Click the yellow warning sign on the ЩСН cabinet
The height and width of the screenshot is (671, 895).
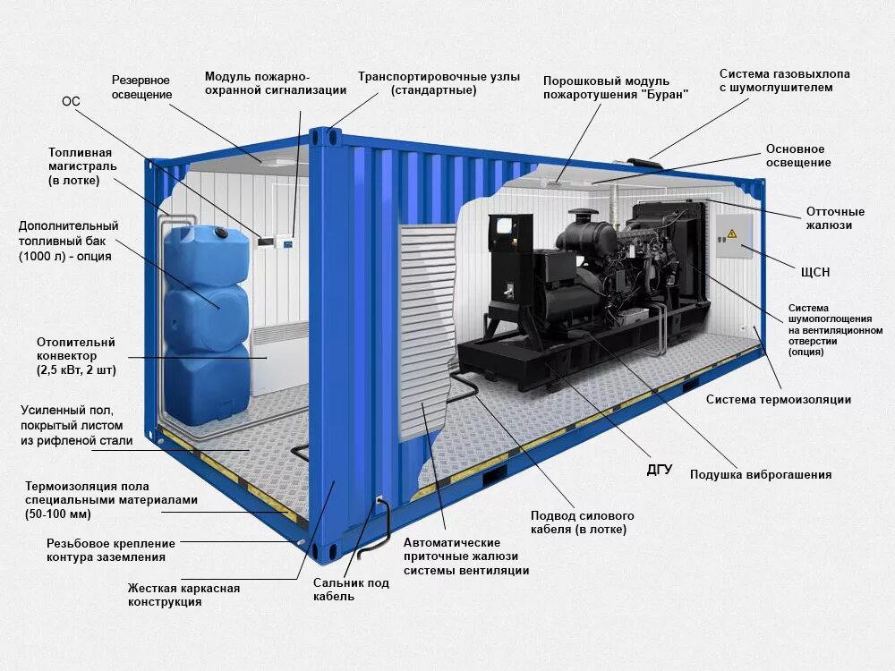tap(731, 234)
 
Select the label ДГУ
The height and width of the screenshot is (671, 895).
tap(660, 469)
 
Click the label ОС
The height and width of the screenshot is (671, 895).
tap(71, 102)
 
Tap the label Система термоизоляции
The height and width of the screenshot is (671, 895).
tap(779, 399)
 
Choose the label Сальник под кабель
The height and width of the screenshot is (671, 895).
tap(351, 590)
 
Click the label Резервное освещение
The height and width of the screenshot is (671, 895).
tap(141, 88)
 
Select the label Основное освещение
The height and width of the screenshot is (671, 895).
tap(798, 156)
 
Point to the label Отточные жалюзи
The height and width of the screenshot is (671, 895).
tap(835, 218)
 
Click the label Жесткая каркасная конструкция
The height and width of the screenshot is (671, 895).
tap(183, 595)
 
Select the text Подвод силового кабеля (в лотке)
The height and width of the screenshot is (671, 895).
tap(582, 522)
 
